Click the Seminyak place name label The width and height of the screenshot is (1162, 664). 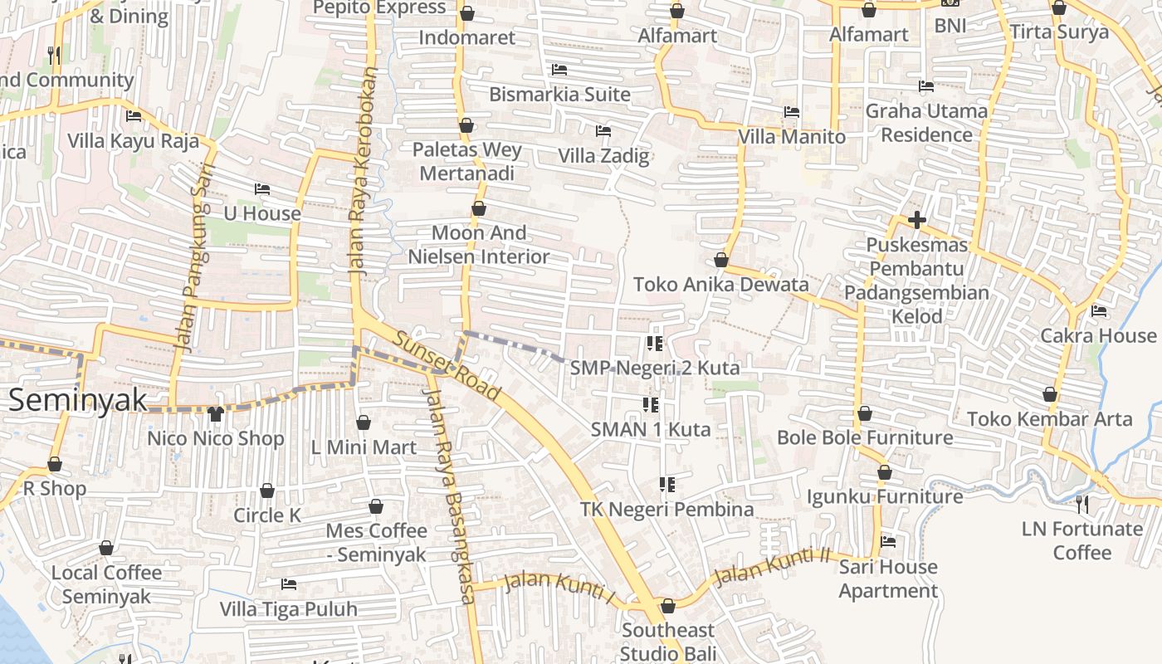click(x=78, y=400)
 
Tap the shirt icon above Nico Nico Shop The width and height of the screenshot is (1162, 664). click(x=216, y=413)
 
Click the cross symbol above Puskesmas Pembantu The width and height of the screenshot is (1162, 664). click(x=917, y=220)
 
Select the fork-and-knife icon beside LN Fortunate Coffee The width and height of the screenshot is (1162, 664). click(x=1082, y=504)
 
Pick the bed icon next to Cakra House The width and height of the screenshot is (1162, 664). click(x=1099, y=311)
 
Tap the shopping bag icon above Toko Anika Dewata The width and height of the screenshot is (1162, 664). click(x=721, y=260)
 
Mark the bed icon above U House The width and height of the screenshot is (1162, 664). click(x=262, y=189)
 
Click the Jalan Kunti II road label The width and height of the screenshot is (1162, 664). click(x=772, y=565)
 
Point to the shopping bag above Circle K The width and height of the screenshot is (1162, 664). click(x=267, y=491)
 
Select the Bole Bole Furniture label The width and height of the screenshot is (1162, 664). click(x=865, y=437)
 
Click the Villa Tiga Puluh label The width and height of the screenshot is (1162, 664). click(x=288, y=608)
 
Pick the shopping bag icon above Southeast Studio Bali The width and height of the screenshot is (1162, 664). click(x=668, y=606)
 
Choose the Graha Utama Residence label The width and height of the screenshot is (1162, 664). click(x=926, y=122)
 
